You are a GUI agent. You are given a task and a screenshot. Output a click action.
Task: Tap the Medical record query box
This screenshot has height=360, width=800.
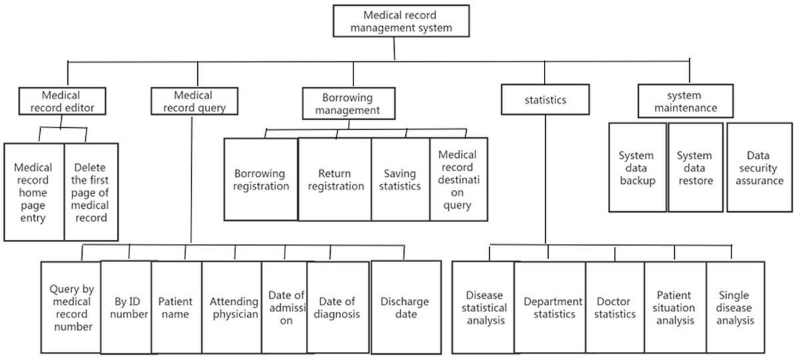193,100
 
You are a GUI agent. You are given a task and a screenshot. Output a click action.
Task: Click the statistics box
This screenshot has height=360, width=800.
545,100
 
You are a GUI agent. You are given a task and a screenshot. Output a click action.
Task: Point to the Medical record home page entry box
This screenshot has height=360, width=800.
33,192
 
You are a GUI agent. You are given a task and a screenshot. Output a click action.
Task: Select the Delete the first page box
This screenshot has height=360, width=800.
91,192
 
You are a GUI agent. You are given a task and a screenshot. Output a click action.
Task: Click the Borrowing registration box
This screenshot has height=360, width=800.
261,179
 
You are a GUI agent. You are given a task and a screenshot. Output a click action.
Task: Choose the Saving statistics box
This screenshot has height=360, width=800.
400,179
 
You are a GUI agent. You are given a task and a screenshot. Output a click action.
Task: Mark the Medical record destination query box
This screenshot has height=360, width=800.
458,179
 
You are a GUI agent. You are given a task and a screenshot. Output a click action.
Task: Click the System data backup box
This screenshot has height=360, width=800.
637,167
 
